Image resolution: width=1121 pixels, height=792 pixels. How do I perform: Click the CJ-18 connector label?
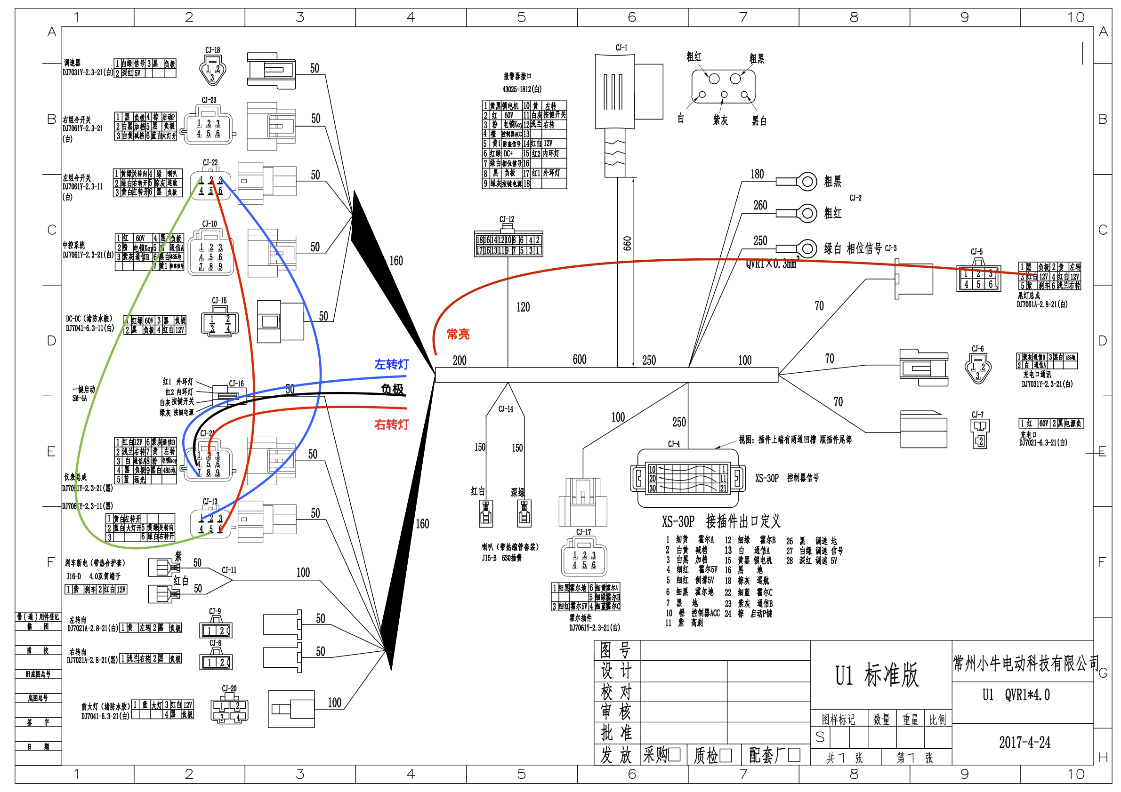pyautogui.click(x=212, y=50)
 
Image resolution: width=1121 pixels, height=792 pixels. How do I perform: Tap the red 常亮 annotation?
pyautogui.click(x=458, y=334)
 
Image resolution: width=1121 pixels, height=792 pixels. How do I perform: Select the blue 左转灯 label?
pyautogui.click(x=391, y=365)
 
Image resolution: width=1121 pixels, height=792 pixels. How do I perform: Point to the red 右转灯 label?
pyautogui.click(x=391, y=424)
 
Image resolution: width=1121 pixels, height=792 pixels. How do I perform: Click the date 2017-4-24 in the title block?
pyautogui.click(x=1024, y=742)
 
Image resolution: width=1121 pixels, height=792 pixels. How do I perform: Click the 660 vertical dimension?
pyautogui.click(x=627, y=243)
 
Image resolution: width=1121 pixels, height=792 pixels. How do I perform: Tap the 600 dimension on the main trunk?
pyautogui.click(x=580, y=360)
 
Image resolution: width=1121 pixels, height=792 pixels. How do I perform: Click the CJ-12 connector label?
pyautogui.click(x=506, y=220)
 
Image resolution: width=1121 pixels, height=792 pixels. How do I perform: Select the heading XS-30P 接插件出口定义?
pyautogui.click(x=721, y=522)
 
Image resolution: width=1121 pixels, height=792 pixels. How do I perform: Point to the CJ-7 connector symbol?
pyautogui.click(x=979, y=433)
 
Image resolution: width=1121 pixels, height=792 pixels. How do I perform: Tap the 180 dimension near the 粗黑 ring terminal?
pyautogui.click(x=757, y=174)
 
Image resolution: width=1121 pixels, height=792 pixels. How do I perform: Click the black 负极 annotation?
pyautogui.click(x=392, y=390)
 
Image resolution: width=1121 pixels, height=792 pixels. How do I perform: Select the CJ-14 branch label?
pyautogui.click(x=506, y=409)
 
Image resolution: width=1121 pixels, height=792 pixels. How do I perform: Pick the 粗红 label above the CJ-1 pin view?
pyautogui.click(x=694, y=56)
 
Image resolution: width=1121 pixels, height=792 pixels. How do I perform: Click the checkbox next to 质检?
pyautogui.click(x=726, y=755)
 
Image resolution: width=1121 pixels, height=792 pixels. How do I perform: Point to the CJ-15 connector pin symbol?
pyautogui.click(x=219, y=324)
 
